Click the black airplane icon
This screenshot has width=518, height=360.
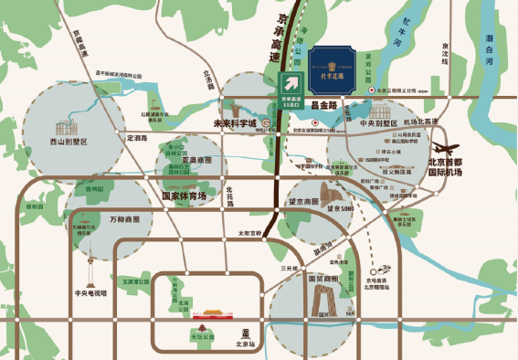[445, 147]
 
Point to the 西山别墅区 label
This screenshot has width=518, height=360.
[68, 143]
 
